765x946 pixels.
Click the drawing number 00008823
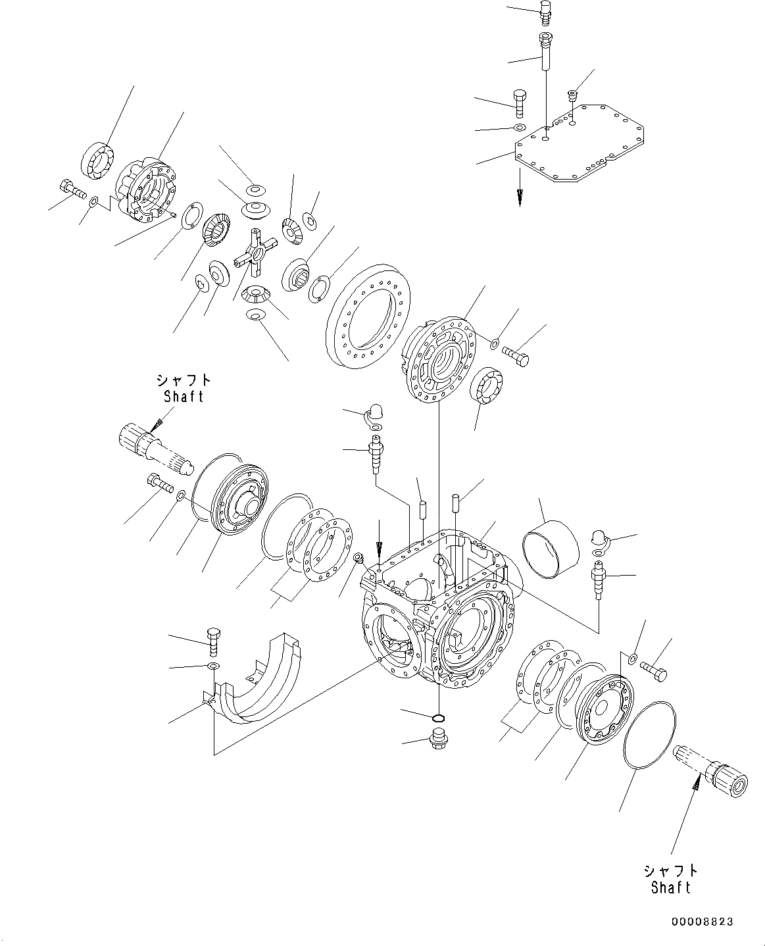point(703,922)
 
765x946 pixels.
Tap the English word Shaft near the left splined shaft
point(184,397)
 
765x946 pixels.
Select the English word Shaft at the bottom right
point(671,887)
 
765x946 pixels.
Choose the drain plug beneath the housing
point(437,739)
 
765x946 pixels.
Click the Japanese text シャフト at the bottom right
point(671,870)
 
